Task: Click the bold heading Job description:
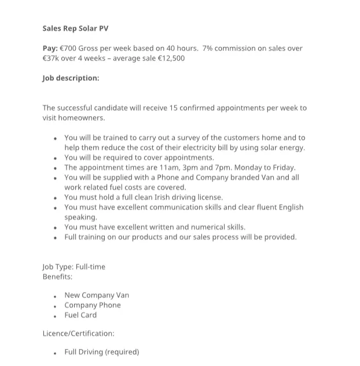click(x=71, y=78)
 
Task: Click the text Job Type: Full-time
click(x=74, y=267)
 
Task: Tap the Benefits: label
click(x=57, y=276)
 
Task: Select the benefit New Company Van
click(x=97, y=295)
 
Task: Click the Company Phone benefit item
click(x=93, y=305)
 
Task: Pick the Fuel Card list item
click(x=80, y=315)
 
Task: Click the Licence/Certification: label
click(x=78, y=333)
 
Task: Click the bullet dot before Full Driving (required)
click(x=54, y=353)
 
